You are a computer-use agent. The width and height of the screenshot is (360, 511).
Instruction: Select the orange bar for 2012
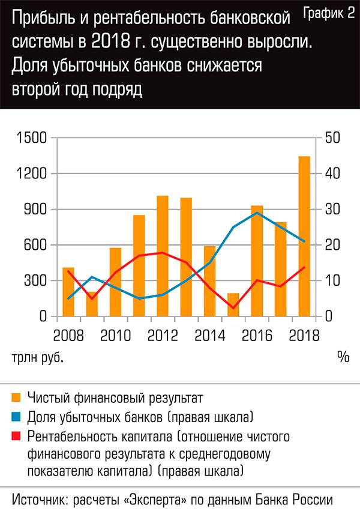click(163, 256)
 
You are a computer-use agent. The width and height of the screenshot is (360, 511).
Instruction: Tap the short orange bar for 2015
click(233, 304)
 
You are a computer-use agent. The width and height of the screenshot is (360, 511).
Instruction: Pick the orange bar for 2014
click(210, 281)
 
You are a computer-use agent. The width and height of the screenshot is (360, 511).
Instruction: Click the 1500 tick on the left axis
click(34, 138)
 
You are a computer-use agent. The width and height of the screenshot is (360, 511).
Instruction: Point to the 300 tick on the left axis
click(37, 280)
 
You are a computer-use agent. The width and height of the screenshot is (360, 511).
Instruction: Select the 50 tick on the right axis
click(332, 138)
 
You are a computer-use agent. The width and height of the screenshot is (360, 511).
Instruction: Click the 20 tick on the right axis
click(332, 245)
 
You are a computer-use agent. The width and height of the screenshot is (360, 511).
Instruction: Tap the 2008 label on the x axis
click(68, 333)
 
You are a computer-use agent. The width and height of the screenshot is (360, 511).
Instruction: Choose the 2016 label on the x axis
click(257, 333)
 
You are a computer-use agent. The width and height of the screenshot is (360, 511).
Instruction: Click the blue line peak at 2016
click(257, 213)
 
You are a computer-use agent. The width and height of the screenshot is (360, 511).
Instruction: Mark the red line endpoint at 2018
click(304, 267)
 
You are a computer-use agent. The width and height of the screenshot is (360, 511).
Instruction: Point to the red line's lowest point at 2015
click(233, 308)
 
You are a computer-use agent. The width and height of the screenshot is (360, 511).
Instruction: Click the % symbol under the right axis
click(343, 357)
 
